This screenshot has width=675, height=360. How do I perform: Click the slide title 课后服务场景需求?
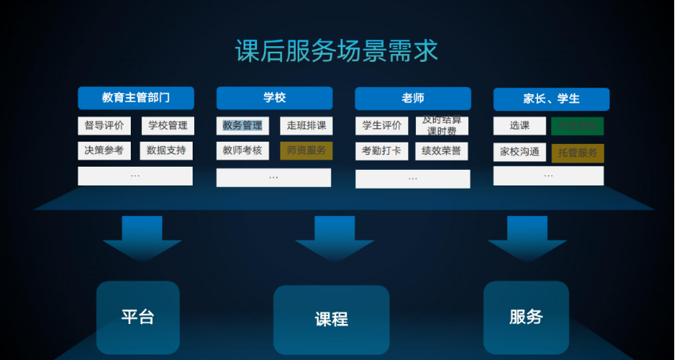[337, 52]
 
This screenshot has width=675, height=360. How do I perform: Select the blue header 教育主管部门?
[135, 98]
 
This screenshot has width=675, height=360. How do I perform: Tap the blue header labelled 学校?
[274, 98]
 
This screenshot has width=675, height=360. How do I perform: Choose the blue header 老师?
[413, 98]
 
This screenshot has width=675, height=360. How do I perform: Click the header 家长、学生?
[551, 99]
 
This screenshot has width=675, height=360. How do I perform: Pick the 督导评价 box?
[104, 125]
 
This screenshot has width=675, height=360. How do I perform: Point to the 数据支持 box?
[166, 150]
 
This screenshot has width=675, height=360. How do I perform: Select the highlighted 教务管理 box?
[243, 125]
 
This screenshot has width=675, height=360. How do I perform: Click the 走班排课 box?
[306, 125]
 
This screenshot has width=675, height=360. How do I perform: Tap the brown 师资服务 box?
[306, 150]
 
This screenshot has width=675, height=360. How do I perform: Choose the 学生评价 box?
[382, 125]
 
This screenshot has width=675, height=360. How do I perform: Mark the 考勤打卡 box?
[382, 150]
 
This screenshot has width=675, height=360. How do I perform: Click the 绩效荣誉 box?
[442, 150]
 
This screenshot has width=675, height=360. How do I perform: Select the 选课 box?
[519, 125]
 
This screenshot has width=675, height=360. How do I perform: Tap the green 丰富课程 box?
[577, 125]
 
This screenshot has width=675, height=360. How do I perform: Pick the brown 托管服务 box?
[577, 153]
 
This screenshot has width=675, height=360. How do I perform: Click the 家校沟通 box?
[519, 152]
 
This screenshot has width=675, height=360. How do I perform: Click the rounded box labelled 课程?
[331, 319]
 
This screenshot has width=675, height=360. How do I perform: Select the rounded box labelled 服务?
[525, 317]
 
